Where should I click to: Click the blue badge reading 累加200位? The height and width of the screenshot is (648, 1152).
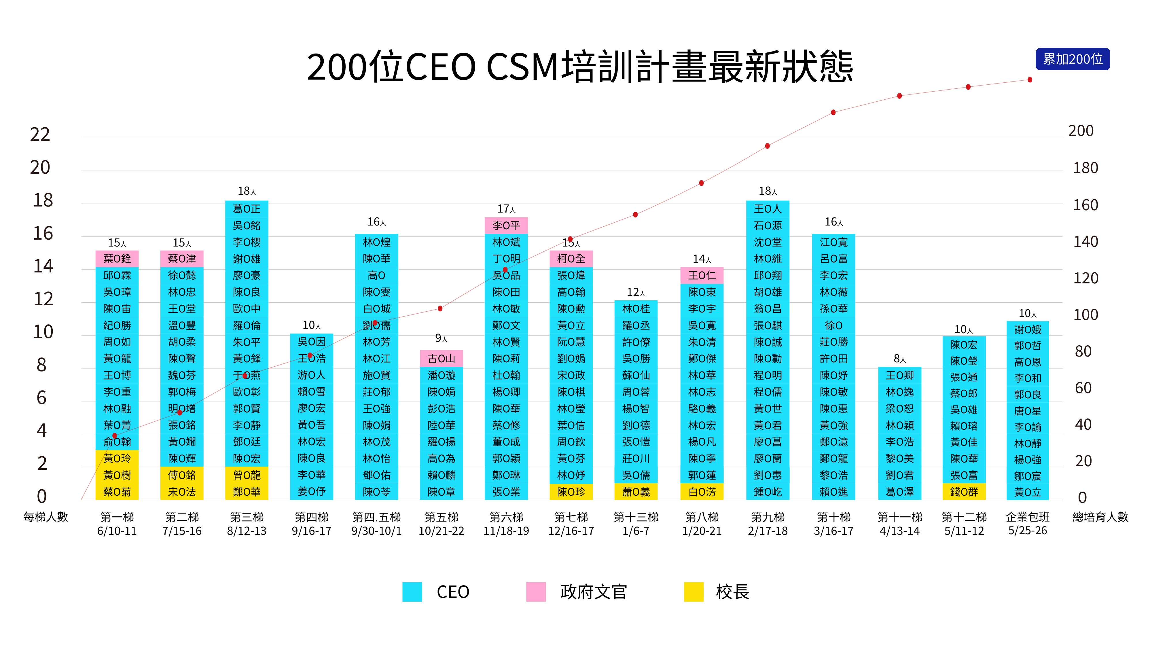(x=1073, y=59)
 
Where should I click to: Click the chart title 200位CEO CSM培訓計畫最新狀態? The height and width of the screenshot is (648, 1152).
(x=579, y=67)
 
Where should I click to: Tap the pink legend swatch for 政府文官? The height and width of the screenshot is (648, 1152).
(x=535, y=592)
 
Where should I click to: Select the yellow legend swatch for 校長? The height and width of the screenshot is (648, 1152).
(x=694, y=592)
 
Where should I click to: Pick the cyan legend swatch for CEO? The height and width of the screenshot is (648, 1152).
(x=412, y=592)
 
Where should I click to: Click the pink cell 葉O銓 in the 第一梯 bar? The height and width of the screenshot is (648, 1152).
(x=117, y=259)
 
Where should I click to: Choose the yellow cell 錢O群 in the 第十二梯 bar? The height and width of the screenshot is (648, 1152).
(x=964, y=492)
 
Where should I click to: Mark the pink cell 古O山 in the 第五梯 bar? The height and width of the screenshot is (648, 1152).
(x=442, y=358)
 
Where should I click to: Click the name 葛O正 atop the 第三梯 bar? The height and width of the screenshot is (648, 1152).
(x=247, y=209)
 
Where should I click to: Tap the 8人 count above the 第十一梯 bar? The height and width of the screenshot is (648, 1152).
(x=899, y=359)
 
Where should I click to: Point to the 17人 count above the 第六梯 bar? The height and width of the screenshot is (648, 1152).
(x=506, y=209)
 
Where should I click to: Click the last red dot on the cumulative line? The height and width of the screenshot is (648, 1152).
(x=1030, y=79)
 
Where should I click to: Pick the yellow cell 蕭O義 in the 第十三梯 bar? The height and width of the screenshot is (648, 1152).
(x=636, y=492)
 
